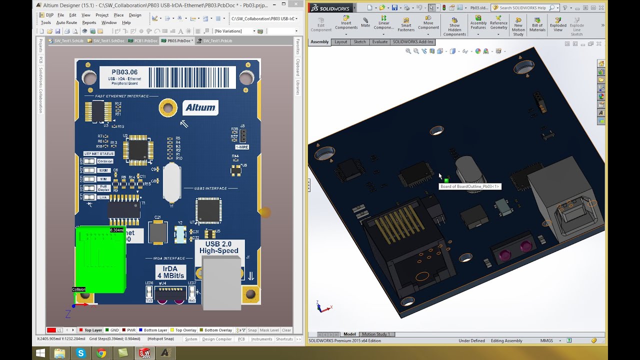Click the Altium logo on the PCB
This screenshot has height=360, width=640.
200,107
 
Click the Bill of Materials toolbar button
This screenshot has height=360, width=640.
537,25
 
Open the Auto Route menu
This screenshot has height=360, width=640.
66,22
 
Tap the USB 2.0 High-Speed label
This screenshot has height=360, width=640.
219,247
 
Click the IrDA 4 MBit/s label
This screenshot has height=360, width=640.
170,272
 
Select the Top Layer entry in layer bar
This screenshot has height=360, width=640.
93,330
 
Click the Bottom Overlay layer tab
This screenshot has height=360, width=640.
218,330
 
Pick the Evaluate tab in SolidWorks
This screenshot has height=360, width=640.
380,42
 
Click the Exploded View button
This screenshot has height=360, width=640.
558,25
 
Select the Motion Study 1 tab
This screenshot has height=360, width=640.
375,334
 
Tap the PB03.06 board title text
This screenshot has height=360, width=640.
124,72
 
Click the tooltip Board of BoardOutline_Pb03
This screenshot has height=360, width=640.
469,186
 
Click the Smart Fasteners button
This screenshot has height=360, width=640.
406,25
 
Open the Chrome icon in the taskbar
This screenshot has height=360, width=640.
101,353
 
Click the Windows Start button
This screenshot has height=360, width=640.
40,353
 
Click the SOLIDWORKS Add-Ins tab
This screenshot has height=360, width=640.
413,42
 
